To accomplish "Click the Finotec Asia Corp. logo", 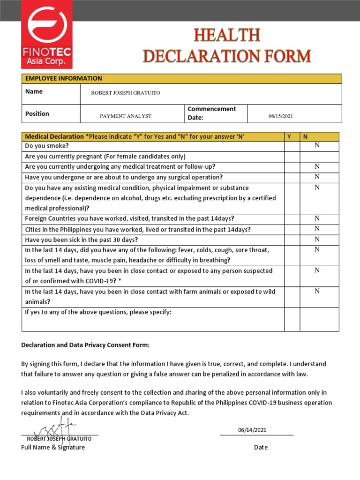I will tap(47, 34).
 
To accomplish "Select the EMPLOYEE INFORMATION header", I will tap(63, 79).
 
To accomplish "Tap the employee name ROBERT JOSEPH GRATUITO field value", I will tap(125, 93).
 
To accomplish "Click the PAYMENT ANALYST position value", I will tap(126, 116).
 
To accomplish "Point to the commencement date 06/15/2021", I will tap(281, 116).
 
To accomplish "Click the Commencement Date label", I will tap(212, 113).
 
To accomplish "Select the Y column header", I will tap(289, 136).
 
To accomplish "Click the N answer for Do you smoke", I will tap(317, 145).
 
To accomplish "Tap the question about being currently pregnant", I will tap(105, 157).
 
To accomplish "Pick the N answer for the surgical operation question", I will tap(317, 177).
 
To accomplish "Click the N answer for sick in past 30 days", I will tap(317, 239).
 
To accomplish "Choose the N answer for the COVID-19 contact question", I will tap(317, 270).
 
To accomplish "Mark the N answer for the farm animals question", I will tap(317, 291).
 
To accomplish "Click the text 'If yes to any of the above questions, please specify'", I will tap(98, 312).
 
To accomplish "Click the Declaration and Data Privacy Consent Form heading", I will tap(85, 345).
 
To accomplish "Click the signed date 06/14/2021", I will tap(252, 430).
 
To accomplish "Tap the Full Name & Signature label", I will tap(53, 447).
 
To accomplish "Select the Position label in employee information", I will tap(37, 113).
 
